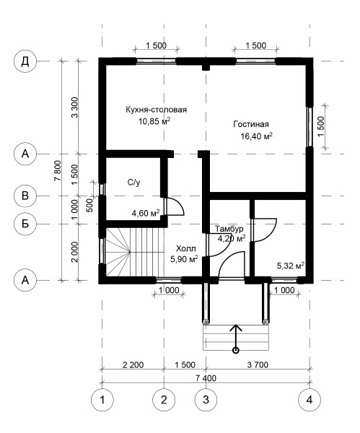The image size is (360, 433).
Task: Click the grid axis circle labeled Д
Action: coord(25,61)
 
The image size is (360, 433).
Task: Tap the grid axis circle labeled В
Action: coord(25,195)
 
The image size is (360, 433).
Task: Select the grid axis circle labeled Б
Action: coord(25,224)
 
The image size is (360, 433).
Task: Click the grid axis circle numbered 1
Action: coord(102,398)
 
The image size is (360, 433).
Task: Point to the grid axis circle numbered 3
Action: coord(206,398)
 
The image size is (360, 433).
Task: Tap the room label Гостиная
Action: coord(250,124)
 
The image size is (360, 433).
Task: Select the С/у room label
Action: coord(133,183)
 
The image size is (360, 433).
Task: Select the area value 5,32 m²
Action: coord(290,266)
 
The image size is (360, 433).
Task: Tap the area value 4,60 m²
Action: coord(145,213)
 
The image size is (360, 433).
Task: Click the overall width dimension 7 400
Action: coord(206,377)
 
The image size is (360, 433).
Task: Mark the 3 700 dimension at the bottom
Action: coord(256,364)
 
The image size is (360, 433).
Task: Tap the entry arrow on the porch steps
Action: coord(235,337)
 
